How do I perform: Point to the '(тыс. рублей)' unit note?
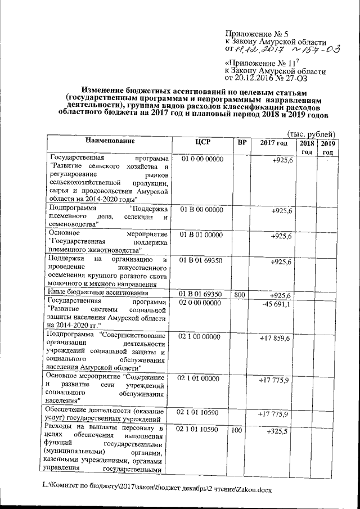pos(311,133)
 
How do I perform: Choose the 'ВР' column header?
pos(242,142)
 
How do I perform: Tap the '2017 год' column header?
pos(274,142)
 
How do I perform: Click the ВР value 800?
pos(239,294)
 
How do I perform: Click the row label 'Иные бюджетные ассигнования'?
pos(99,293)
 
